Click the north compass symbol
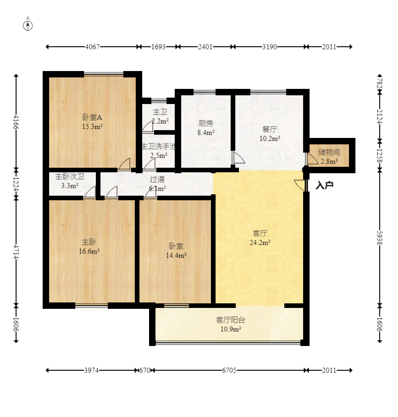point(28,26)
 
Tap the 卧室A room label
point(92,117)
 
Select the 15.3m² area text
point(92,126)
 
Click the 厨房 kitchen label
point(206,123)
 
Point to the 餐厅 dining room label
point(270,130)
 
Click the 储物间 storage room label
point(329,152)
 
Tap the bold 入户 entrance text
point(325,186)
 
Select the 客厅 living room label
point(260,234)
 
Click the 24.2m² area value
point(260,242)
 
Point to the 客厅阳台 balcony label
point(230,320)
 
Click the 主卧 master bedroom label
point(89,242)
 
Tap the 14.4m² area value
point(176,256)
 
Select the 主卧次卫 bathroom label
point(70,176)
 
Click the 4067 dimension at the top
point(92,47)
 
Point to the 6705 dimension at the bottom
point(229,370)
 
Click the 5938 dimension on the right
point(380,238)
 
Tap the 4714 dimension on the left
point(16,252)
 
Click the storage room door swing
point(312,159)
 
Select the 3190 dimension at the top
point(270,47)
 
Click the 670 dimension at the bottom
point(145,370)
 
